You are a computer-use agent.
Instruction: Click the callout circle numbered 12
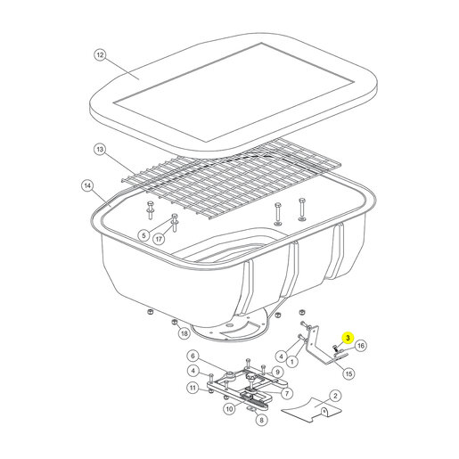click(x=100, y=55)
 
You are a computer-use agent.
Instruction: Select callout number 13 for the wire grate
click(x=100, y=149)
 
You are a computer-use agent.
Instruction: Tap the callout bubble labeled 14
click(x=87, y=186)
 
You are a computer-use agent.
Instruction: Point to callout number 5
click(x=143, y=235)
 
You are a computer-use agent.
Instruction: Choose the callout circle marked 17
click(x=159, y=239)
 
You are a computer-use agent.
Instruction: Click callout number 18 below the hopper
click(x=184, y=333)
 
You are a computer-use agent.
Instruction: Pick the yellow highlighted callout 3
click(x=348, y=338)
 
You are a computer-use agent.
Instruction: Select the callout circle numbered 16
click(x=360, y=346)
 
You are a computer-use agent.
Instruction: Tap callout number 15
click(x=348, y=373)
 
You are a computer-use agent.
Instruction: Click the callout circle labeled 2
click(x=335, y=396)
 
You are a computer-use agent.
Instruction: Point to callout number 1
click(x=292, y=362)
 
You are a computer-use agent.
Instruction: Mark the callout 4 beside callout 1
click(x=282, y=356)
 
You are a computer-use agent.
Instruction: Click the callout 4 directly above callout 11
click(x=193, y=371)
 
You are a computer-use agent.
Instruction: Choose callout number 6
click(x=193, y=356)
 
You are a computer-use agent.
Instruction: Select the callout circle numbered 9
click(x=277, y=372)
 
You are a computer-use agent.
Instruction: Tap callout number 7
click(x=287, y=394)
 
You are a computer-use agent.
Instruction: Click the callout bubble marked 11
click(x=193, y=388)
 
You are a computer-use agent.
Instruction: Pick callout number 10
click(x=229, y=409)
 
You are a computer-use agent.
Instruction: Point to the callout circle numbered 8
click(x=261, y=420)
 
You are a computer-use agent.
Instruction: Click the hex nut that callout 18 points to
click(x=175, y=322)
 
